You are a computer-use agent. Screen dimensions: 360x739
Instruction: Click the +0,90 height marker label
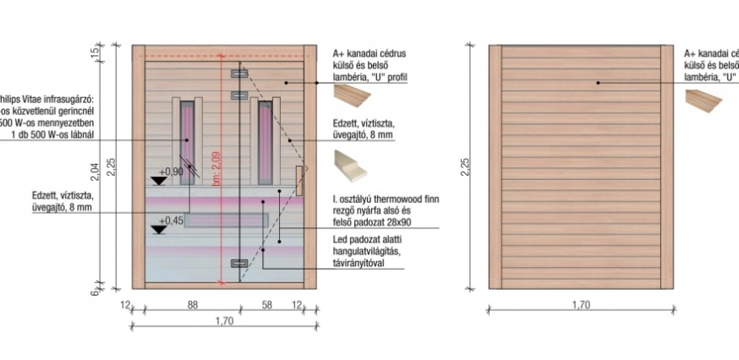[x=172, y=172]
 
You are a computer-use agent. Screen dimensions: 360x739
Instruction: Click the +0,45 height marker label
[x=172, y=221]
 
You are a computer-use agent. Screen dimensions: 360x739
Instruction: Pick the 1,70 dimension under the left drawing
[x=224, y=320]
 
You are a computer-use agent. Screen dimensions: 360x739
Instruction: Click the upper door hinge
[x=239, y=74]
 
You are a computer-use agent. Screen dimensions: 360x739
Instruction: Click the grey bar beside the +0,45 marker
[x=227, y=221]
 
